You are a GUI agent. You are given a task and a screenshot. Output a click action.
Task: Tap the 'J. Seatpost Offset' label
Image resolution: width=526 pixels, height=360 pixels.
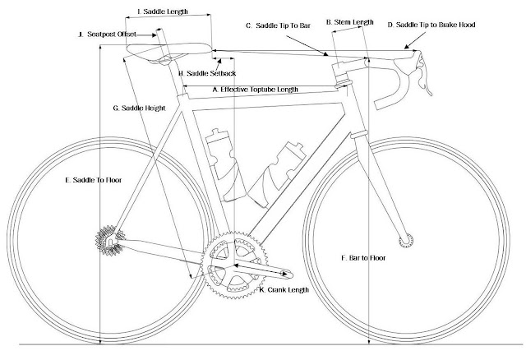point(105,35)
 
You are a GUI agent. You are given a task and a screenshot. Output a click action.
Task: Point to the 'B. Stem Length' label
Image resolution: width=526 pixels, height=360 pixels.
point(351,22)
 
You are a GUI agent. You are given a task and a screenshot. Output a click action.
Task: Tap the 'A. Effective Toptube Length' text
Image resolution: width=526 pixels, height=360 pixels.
point(255,89)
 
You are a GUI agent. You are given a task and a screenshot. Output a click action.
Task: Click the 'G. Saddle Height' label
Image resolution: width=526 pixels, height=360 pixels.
point(141,108)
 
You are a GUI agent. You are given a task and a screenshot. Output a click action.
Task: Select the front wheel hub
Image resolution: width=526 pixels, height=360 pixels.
point(404,240)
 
